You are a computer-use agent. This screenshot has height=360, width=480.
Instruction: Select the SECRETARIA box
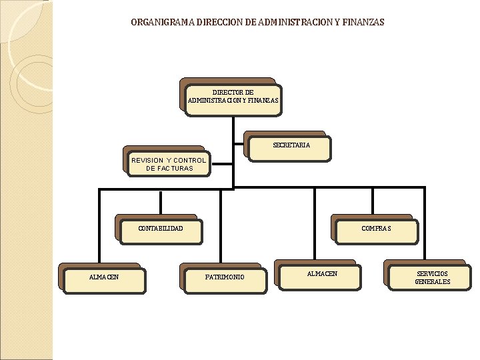(291, 147)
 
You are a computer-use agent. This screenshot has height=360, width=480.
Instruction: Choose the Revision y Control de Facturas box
(169, 164)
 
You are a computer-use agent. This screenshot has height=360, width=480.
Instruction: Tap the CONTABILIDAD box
(161, 229)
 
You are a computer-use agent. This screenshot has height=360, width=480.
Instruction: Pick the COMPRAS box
(376, 229)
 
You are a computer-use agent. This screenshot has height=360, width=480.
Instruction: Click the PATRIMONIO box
(225, 278)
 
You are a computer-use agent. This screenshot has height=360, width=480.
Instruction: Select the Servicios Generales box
(432, 277)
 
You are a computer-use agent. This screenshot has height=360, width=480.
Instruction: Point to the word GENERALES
(433, 282)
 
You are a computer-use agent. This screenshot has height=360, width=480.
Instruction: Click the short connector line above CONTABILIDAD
(161, 201)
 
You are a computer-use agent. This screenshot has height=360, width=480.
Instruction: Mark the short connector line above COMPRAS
(373, 201)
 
